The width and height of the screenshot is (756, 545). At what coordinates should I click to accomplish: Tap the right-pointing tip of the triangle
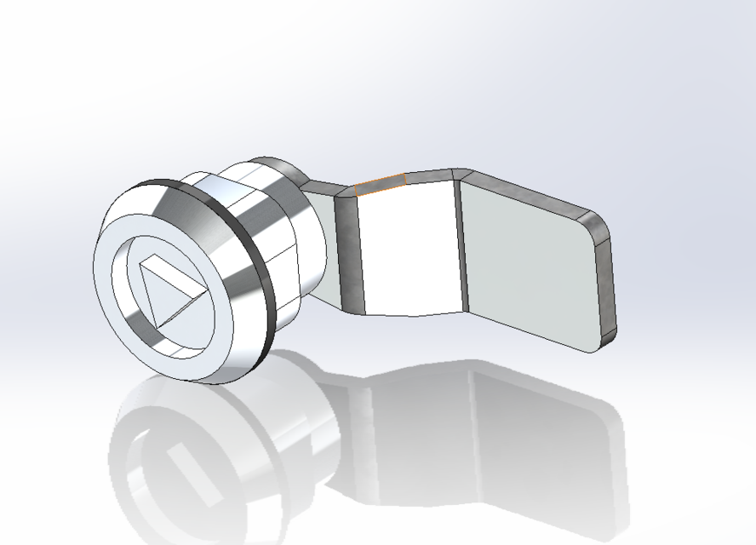[203, 292]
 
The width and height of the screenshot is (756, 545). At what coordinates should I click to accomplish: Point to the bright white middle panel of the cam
[409, 247]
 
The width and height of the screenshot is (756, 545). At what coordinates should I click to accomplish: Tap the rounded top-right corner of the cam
[598, 223]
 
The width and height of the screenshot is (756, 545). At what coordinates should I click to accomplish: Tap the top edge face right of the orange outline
[430, 176]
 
